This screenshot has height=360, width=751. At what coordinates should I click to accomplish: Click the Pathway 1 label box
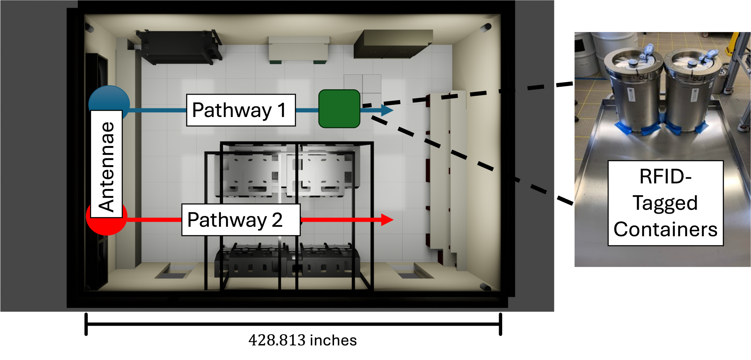click(x=241, y=110)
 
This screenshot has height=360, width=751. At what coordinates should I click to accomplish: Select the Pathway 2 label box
click(x=241, y=220)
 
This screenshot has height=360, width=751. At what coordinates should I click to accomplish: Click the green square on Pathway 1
click(x=339, y=109)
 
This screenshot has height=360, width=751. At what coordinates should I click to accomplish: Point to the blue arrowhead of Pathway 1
click(x=387, y=110)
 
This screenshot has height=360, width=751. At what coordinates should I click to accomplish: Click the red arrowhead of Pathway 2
click(x=387, y=220)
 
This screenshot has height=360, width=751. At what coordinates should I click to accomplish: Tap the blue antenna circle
click(x=109, y=98)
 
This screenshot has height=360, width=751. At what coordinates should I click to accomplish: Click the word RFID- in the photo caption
click(x=665, y=176)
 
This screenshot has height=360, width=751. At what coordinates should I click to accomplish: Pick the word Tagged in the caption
click(x=665, y=203)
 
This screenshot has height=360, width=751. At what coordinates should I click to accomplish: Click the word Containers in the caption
click(x=665, y=229)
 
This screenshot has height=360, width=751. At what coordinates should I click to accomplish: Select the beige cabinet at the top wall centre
click(x=298, y=49)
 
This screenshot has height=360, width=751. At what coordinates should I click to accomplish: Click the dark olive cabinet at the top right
click(x=391, y=44)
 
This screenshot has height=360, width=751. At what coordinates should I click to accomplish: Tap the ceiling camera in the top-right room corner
click(x=486, y=27)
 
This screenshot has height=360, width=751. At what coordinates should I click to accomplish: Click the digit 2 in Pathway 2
click(x=277, y=220)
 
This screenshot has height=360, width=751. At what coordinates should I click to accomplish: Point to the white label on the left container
click(x=631, y=96)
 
